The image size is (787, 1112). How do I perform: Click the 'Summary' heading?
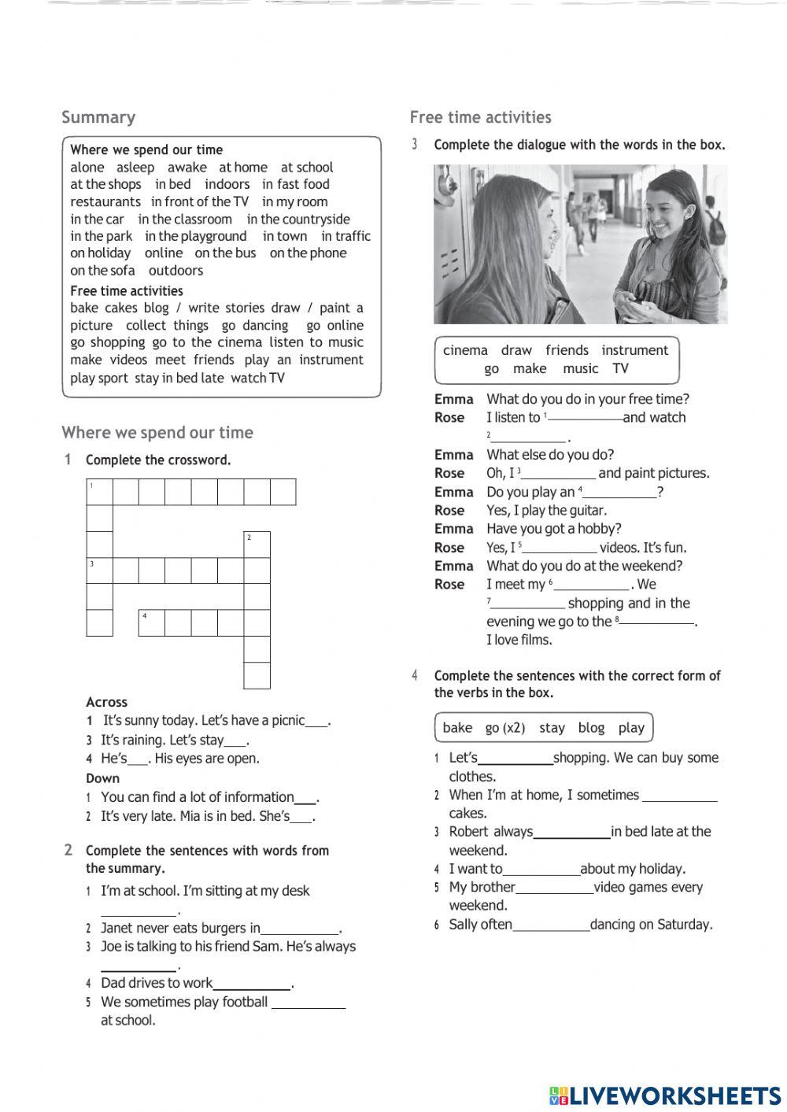pyautogui.click(x=98, y=117)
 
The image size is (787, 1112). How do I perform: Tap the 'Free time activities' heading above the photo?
pyautogui.click(x=480, y=117)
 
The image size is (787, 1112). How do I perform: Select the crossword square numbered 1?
pyautogui.click(x=99, y=492)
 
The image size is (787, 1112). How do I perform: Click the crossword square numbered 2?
pyautogui.click(x=257, y=545)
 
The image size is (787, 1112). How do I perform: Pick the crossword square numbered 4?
pyautogui.click(x=152, y=622)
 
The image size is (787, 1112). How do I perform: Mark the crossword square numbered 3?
pyautogui.click(x=99, y=571)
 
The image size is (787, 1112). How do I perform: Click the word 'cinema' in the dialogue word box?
pyautogui.click(x=465, y=350)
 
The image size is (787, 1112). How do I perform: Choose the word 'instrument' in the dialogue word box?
pyautogui.click(x=634, y=350)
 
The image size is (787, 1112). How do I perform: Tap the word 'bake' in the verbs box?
pyautogui.click(x=457, y=728)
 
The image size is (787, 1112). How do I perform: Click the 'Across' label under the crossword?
pyautogui.click(x=106, y=702)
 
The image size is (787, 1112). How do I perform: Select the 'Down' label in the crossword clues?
pyautogui.click(x=103, y=778)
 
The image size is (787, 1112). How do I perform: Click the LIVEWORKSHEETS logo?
pyautogui.click(x=665, y=1095)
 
